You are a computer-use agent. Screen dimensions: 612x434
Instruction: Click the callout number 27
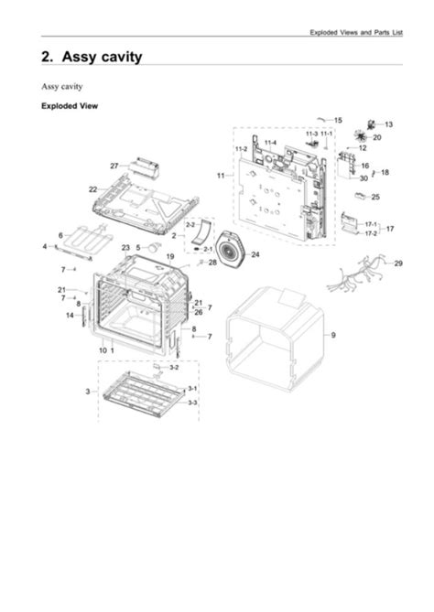(x=114, y=166)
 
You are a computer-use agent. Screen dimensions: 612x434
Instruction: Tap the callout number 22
(x=92, y=188)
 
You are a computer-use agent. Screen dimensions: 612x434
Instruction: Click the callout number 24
(x=255, y=254)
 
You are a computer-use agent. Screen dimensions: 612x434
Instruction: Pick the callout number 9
(x=333, y=336)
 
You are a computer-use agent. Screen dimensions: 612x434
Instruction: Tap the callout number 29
(x=398, y=263)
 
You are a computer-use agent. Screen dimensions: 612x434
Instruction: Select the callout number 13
(x=388, y=123)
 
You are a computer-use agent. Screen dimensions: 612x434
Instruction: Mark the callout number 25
(x=375, y=197)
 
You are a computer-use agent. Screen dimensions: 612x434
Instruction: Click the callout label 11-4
(x=271, y=143)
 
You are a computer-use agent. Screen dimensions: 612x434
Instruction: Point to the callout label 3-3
(x=192, y=403)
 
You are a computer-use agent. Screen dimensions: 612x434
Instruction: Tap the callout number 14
(x=70, y=316)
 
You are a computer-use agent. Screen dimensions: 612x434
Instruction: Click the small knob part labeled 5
(x=155, y=246)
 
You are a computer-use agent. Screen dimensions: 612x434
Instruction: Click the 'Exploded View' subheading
(x=69, y=106)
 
